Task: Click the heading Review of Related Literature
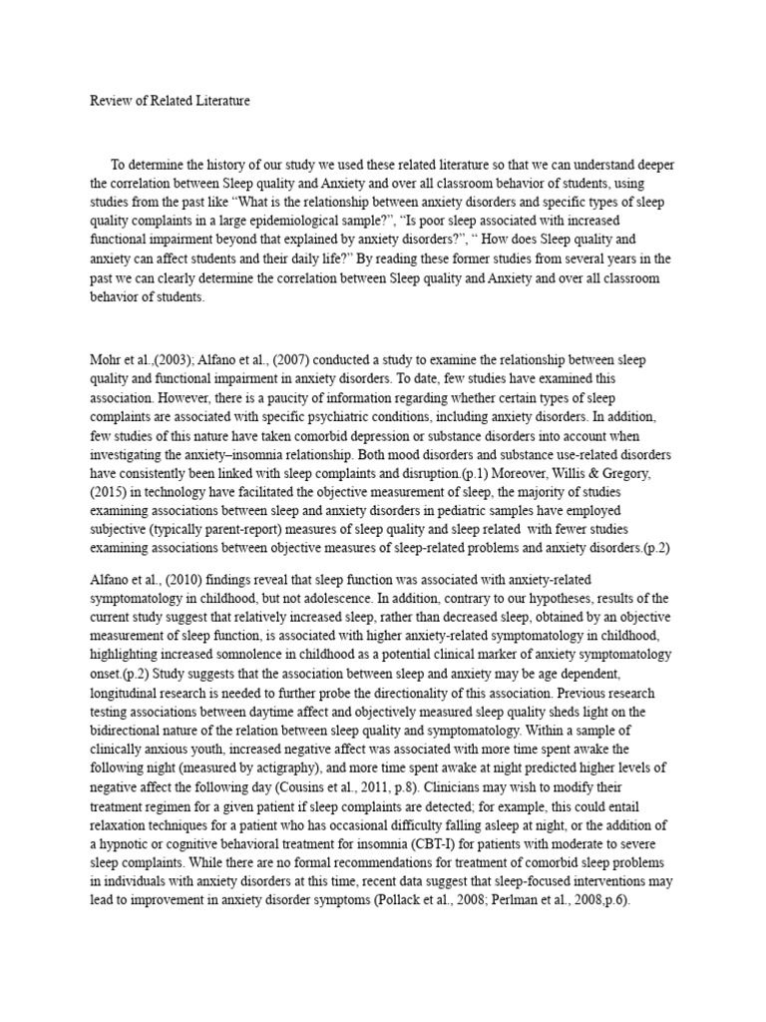tap(171, 102)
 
